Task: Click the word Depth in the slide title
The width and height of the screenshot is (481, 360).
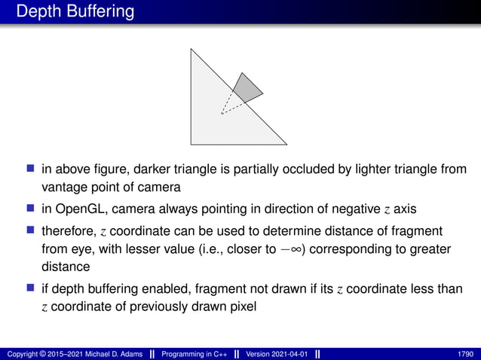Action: [36, 12]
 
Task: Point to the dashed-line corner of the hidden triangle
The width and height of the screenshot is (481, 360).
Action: [222, 114]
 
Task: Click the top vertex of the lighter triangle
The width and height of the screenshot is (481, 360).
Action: [191, 50]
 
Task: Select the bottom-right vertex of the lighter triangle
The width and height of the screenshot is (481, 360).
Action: [286, 144]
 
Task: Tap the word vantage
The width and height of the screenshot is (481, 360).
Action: [63, 186]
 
